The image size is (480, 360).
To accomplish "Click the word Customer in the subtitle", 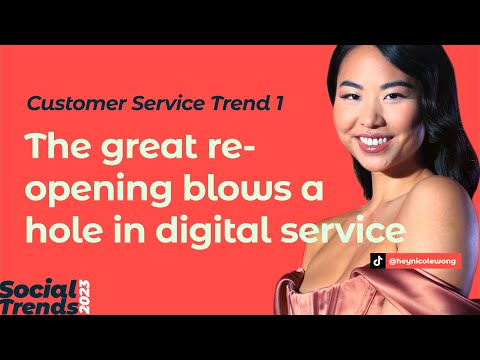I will tap(66, 103).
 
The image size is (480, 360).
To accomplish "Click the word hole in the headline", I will tap(57, 232).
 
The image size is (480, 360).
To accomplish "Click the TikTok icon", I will tap(378, 259).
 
